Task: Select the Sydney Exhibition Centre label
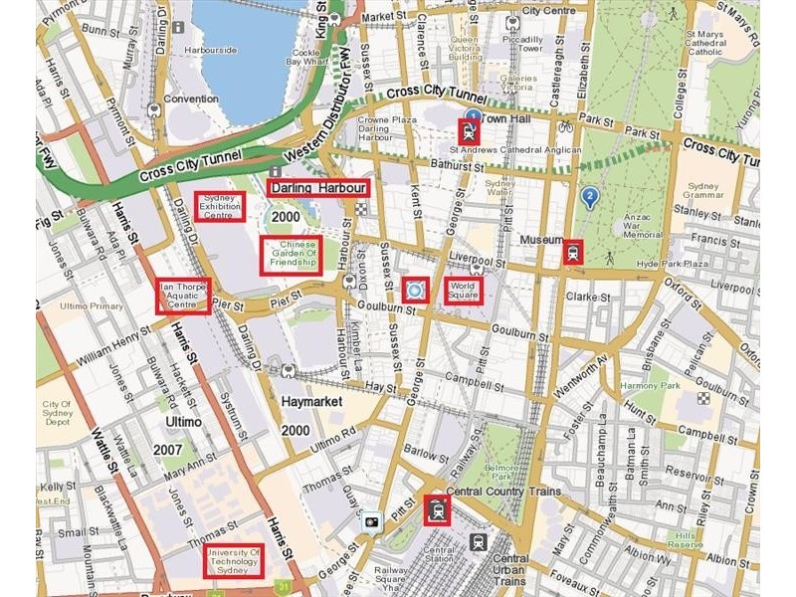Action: coord(219,206)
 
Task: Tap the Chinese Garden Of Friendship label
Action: coord(292,256)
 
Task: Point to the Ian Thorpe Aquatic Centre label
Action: coord(184,296)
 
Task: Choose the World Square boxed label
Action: coord(463,290)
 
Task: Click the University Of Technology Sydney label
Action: coord(234,561)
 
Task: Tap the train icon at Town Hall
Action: coord(468,130)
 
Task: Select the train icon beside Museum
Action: coord(572,251)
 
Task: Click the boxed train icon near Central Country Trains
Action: coord(436,509)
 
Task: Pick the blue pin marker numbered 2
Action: coord(590,198)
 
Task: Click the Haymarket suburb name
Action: coord(311,401)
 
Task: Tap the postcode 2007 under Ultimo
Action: coord(167,450)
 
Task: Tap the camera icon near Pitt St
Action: coord(372,520)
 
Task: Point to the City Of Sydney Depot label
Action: coord(57,413)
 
